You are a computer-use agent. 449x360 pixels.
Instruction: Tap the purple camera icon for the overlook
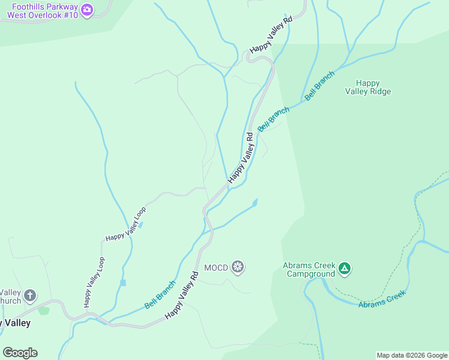coord(88,10)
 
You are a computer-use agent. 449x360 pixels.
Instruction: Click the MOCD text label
coord(216,268)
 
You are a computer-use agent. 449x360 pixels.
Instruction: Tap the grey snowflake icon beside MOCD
coord(238,267)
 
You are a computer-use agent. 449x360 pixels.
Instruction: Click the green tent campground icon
coord(345,268)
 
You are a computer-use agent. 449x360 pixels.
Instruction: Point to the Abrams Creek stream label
coord(382,299)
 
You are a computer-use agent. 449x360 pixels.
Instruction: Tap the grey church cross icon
coord(30,295)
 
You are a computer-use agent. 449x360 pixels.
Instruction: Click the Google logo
coord(20,353)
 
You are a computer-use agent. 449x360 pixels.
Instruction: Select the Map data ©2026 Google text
coord(412,355)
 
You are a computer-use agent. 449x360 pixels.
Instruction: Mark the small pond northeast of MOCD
coord(255,203)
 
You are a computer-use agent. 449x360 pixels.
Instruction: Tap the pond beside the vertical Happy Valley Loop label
coord(122,282)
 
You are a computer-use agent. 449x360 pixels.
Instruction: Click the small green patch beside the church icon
coord(43,310)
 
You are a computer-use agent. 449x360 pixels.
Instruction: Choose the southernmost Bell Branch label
coord(160,295)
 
